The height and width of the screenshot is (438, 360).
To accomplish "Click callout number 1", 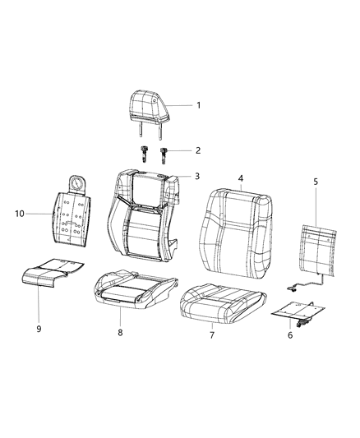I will click(197, 105).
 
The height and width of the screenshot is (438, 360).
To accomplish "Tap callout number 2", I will click(197, 150).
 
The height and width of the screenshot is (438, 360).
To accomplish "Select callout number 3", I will click(197, 176).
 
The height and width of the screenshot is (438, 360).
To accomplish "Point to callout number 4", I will click(240, 178).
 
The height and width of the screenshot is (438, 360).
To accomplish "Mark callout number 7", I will click(212, 335).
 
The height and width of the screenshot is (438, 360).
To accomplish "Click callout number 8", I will click(120, 332).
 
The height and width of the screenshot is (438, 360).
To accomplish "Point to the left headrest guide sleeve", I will click(143, 152).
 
